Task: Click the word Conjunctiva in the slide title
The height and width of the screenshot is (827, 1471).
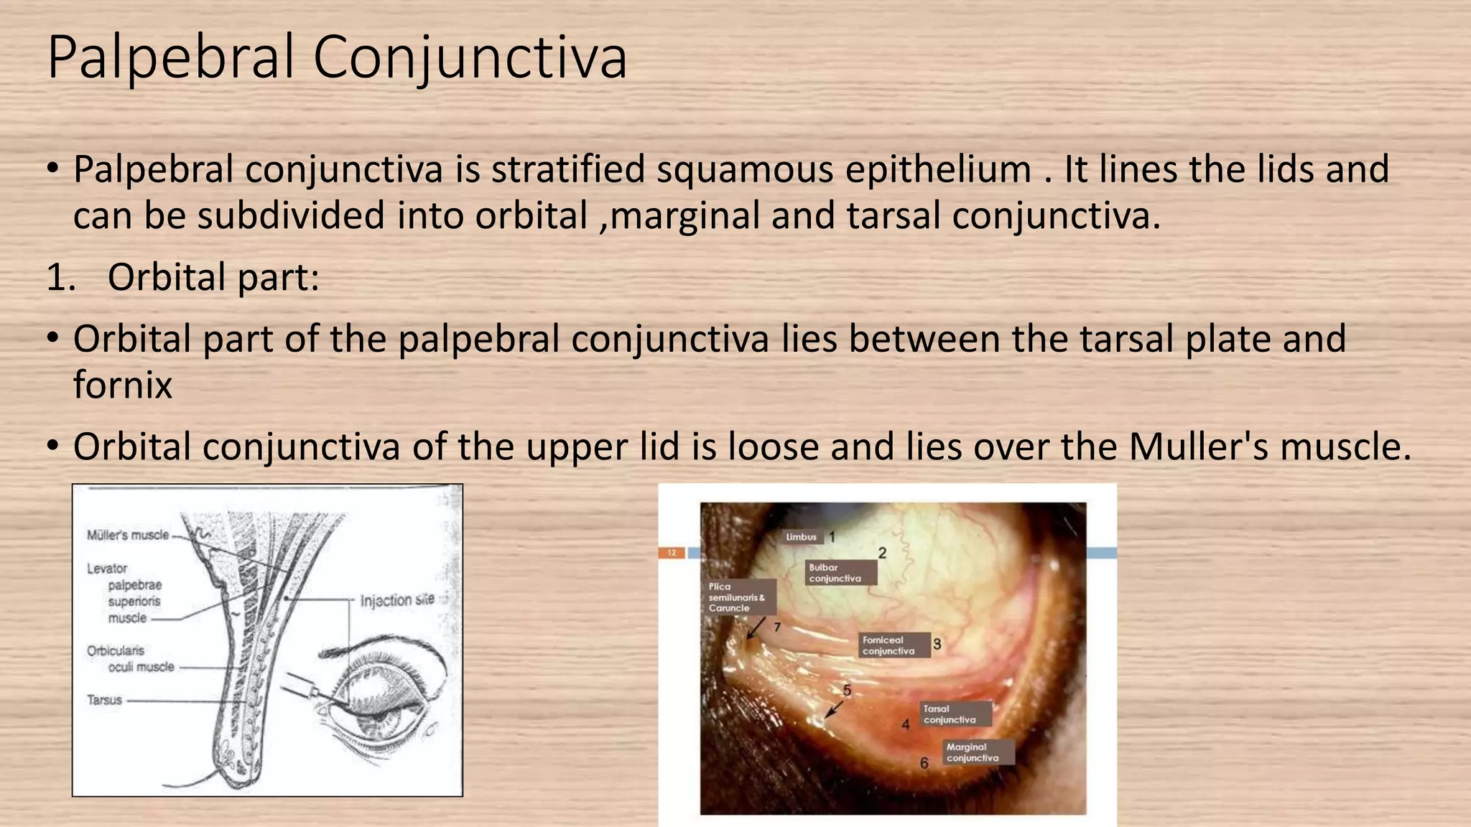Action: point(470,57)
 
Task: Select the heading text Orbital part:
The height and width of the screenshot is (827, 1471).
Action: point(213,278)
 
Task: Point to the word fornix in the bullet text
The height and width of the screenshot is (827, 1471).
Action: point(123,386)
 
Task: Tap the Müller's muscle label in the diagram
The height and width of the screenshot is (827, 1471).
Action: point(128,535)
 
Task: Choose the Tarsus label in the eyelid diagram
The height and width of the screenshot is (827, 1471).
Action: point(105,700)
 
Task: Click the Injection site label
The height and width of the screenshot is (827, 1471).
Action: point(397,600)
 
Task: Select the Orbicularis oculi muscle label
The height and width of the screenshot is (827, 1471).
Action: point(131,659)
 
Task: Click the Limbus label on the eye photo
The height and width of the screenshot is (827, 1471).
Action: point(801,537)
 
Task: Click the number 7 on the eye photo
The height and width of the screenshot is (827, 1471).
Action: point(777,627)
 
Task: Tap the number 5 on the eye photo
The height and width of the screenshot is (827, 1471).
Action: point(847,691)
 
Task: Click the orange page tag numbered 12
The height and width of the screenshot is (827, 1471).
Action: point(672,553)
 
